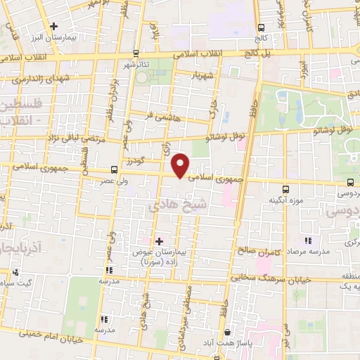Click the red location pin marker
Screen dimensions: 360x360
pos(181,165)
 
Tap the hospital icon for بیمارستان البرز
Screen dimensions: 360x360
pos(73,26)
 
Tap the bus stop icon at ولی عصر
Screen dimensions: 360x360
pos(115,169)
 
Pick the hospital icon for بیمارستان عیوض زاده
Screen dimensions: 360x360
pos(159,241)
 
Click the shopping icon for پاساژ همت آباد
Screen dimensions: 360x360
pos(227,332)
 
